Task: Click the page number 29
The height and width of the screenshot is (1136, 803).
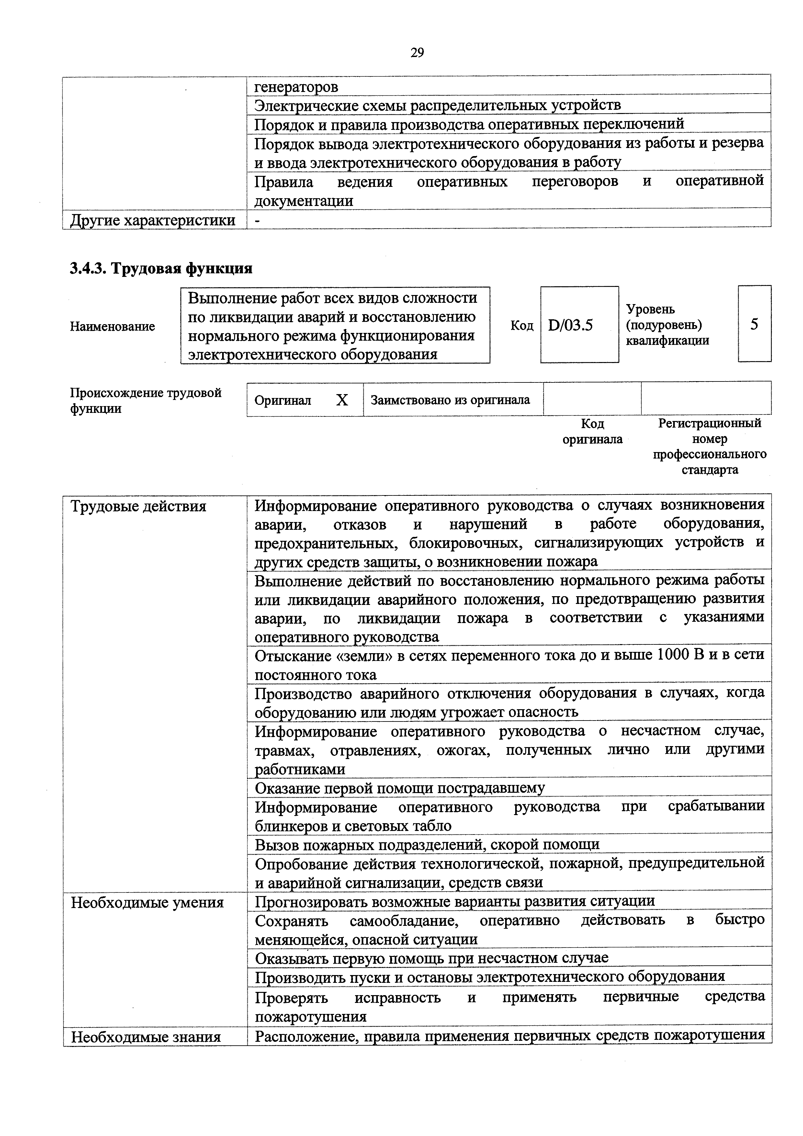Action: click(x=417, y=52)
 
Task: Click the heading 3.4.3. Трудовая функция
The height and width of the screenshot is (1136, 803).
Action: click(x=161, y=269)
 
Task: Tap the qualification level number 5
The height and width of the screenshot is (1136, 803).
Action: click(x=754, y=324)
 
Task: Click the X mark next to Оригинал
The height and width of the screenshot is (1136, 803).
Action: click(x=342, y=400)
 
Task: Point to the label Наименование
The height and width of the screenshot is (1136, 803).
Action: click(x=112, y=326)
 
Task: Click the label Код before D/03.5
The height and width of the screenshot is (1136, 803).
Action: click(x=522, y=325)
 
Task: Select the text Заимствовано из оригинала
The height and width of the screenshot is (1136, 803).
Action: click(x=450, y=400)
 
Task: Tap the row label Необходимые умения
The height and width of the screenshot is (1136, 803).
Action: click(x=147, y=903)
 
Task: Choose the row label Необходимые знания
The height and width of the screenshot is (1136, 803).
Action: click(x=146, y=1037)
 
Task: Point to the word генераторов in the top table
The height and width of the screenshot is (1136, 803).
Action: click(x=296, y=87)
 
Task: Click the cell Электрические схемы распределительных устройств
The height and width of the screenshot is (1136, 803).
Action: click(x=437, y=105)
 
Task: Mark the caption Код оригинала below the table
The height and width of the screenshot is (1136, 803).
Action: click(x=592, y=431)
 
